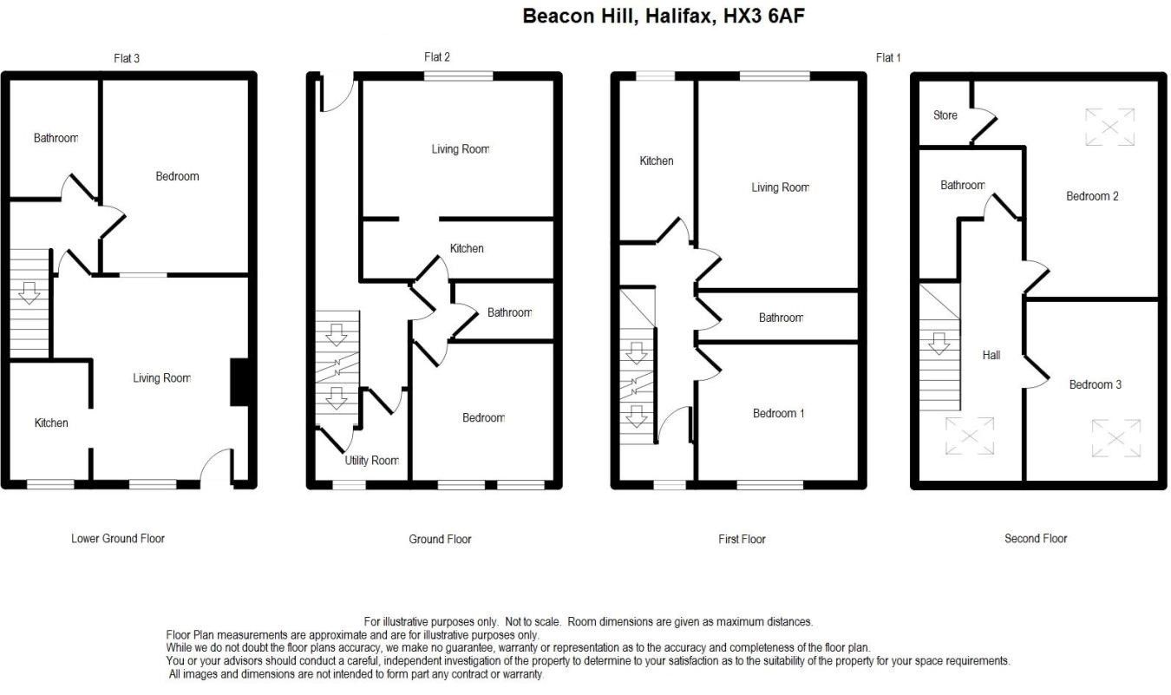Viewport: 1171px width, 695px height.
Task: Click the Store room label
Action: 945,115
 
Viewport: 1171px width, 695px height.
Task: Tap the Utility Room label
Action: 371,461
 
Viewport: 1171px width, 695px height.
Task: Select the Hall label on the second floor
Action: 991,355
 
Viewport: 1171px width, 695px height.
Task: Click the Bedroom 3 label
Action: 1095,384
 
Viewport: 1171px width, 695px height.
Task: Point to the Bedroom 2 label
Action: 1092,196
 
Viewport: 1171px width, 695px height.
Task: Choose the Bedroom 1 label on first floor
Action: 778,413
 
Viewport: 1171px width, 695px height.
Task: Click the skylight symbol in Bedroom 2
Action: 1109,127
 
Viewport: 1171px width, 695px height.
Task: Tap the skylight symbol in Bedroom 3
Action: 1115,437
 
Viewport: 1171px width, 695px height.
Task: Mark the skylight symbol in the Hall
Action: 970,436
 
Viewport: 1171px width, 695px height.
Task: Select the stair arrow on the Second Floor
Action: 939,344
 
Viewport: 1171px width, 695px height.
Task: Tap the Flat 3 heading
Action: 127,59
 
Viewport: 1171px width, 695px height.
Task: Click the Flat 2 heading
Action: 436,57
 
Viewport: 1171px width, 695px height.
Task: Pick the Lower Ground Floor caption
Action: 118,538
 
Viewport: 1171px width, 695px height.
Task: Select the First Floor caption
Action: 742,539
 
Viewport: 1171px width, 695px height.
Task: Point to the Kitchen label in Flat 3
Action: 51,423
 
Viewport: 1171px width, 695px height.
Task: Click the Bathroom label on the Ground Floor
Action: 508,312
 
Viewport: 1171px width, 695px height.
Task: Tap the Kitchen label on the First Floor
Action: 656,161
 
